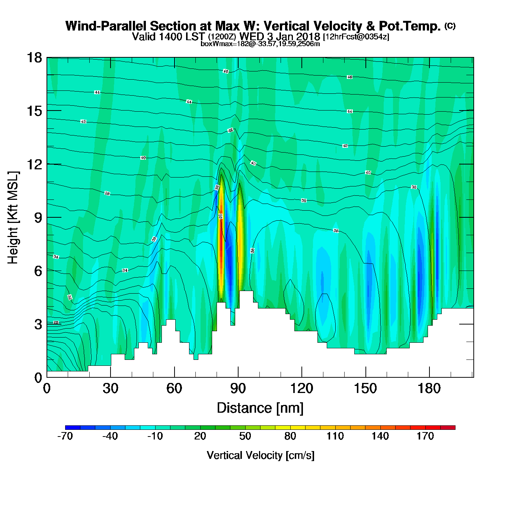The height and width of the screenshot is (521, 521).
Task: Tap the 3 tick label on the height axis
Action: click(38, 325)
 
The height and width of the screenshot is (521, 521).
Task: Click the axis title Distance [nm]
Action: click(260, 408)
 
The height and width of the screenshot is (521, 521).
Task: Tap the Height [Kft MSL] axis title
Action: click(13, 218)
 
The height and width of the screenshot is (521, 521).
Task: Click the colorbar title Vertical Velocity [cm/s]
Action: click(260, 455)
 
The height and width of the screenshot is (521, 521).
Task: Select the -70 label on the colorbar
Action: click(65, 436)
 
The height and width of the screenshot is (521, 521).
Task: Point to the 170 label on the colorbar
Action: click(425, 436)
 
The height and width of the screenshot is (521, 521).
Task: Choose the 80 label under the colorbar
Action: click(290, 436)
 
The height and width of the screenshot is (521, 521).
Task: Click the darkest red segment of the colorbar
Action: click(448, 428)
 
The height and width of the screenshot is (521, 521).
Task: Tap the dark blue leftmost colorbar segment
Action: click(73, 428)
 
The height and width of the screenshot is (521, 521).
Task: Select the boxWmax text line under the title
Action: click(260, 44)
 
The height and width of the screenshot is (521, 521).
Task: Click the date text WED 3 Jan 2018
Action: click(279, 36)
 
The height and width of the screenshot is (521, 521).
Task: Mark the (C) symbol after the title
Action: click(450, 26)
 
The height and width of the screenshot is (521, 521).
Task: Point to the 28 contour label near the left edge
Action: click(56, 322)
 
